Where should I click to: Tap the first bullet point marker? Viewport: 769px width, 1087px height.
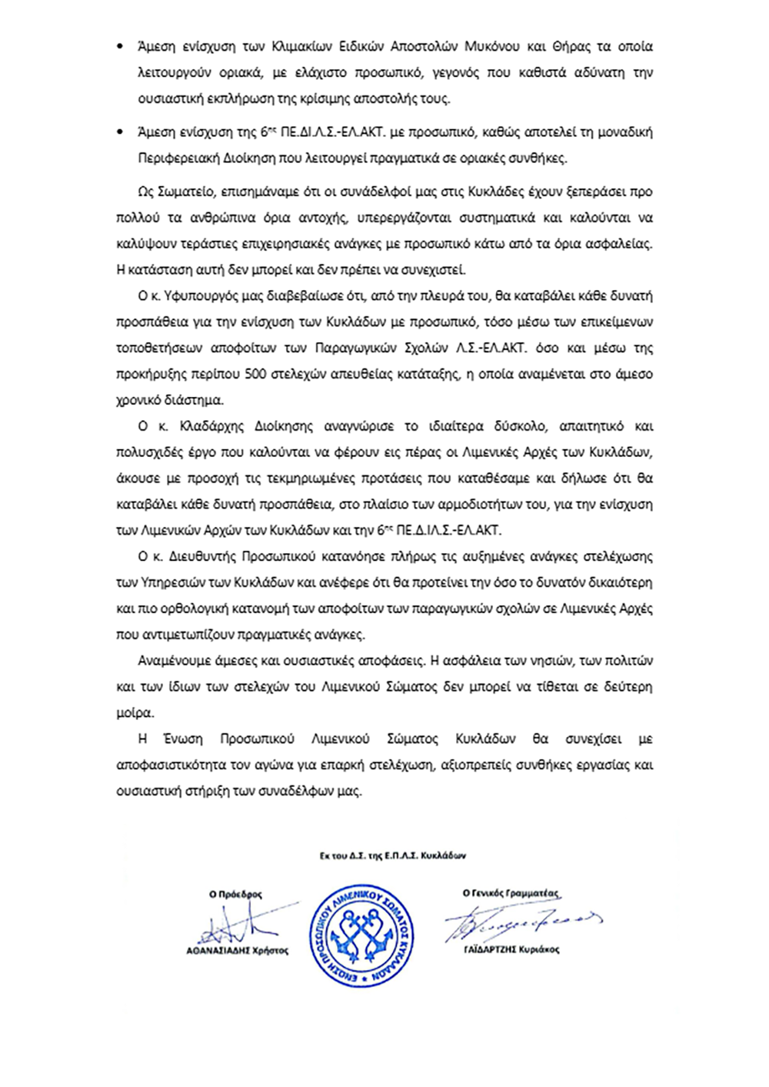click(119, 47)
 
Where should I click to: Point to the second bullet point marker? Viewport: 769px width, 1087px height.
click(119, 132)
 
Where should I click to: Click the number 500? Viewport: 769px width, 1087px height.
click(255, 375)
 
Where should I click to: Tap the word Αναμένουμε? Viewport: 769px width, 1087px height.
click(173, 661)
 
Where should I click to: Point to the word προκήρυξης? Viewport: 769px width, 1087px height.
click(151, 375)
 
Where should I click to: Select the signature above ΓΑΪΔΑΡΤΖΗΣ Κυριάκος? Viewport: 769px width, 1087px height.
click(515, 921)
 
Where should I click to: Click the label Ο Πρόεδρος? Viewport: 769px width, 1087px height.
click(235, 895)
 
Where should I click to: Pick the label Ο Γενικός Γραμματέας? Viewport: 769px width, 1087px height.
click(511, 894)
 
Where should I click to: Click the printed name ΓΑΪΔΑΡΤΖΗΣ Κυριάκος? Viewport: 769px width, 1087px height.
click(511, 950)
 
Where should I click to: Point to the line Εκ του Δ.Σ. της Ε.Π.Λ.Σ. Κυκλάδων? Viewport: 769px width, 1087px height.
click(392, 855)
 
